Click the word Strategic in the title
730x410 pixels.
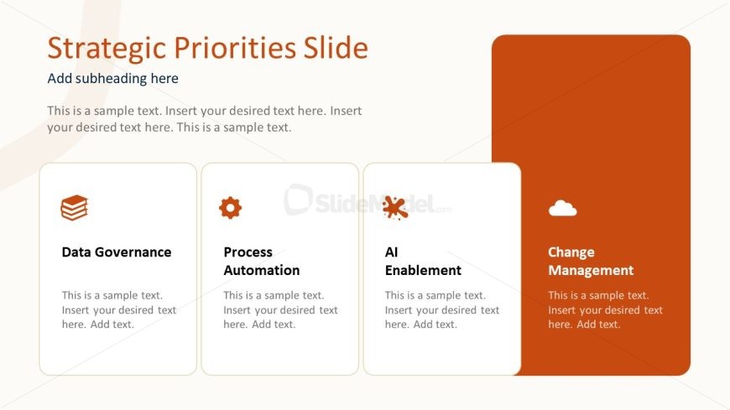(107, 48)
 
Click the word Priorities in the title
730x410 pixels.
(235, 48)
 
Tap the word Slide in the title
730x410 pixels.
(336, 48)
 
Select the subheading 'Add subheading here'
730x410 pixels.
(112, 78)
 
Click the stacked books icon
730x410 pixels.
(75, 208)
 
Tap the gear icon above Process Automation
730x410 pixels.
(231, 208)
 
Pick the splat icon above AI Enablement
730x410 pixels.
(395, 208)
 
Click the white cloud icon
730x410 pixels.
(562, 208)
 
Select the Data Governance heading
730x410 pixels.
(117, 252)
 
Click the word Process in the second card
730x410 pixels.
(248, 252)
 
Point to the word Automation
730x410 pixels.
(262, 270)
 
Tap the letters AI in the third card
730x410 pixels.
(391, 252)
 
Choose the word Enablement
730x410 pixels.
(423, 270)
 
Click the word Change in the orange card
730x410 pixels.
(571, 252)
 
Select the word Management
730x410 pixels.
(591, 270)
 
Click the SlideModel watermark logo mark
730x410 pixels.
(298, 200)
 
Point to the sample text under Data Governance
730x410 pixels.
(119, 310)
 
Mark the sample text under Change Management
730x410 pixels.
(605, 310)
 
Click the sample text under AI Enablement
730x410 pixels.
(442, 310)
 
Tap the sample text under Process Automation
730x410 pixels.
(280, 310)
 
